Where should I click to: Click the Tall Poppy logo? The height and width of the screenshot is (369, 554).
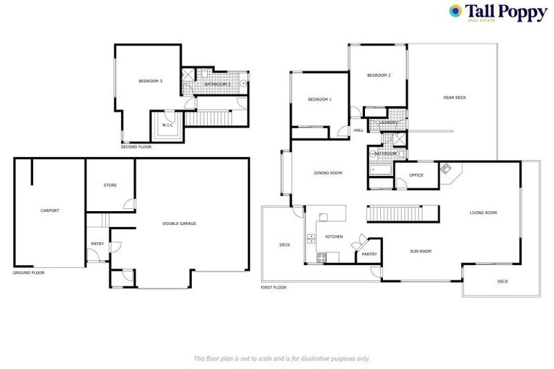497,12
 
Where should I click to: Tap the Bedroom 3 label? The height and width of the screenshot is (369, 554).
150,81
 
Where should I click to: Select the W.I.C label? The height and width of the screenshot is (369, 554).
167,125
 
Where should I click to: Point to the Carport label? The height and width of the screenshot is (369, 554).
50,210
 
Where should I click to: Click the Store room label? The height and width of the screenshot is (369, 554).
110,185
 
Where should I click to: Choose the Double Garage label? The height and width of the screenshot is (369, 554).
179,223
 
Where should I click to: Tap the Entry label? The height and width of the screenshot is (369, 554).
97,244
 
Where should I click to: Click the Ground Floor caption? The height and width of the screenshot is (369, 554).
29,274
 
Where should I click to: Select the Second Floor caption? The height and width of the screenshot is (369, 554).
136,147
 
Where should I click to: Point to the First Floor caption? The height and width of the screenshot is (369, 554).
273,288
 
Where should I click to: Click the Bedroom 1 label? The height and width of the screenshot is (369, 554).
320,99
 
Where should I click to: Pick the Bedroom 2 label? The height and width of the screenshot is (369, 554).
379,76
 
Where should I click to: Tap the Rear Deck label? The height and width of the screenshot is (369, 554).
454,97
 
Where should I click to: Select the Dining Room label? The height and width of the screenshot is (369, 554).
327,173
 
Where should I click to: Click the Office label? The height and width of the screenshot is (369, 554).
416,175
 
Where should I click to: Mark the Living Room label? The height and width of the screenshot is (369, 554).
483,213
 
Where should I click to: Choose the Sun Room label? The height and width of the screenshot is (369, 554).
421,251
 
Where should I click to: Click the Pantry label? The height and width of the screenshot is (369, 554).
369,254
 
